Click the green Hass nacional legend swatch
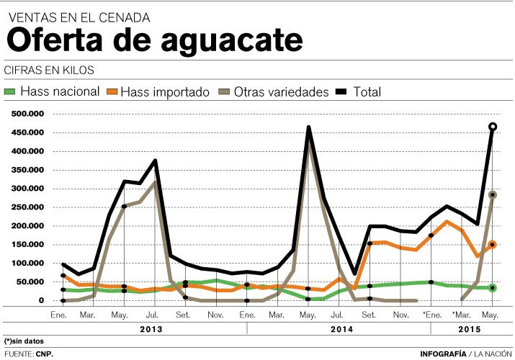9,91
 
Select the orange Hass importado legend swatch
111,91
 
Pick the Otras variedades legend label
282,91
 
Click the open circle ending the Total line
493,127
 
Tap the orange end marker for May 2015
493,245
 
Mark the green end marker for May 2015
493,288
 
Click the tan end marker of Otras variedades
493,194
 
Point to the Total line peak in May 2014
308,128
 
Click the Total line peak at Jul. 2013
155,161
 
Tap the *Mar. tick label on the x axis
462,315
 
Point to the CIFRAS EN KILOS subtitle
49,70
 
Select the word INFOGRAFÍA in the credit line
443,354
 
